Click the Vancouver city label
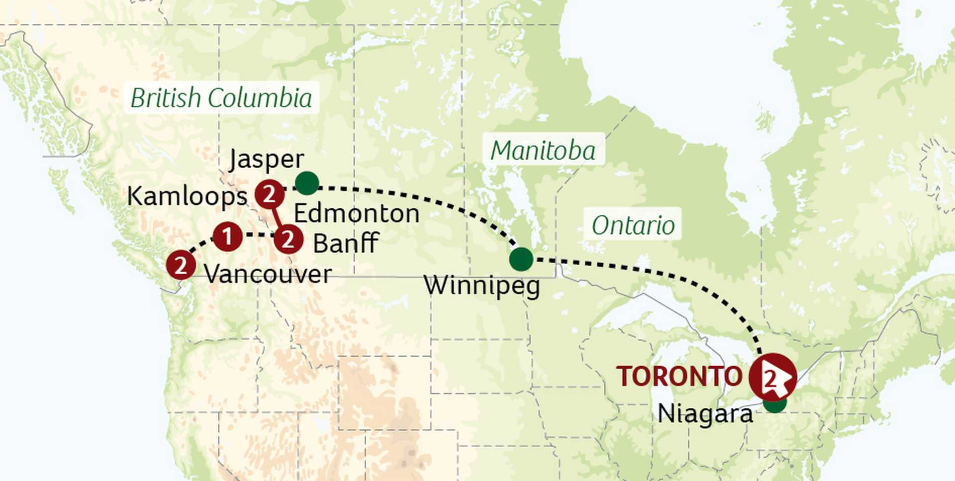click(268, 274)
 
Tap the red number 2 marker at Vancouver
click(181, 265)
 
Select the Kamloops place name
click(187, 196)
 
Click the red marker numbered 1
click(227, 237)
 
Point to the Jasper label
click(266, 159)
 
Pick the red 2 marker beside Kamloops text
click(270, 194)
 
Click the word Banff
click(346, 243)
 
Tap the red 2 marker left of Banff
click(288, 240)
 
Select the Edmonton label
click(356, 213)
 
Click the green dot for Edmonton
click(307, 183)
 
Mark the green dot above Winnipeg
click(521, 259)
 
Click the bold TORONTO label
click(679, 377)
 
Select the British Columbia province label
click(221, 97)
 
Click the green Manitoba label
click(543, 150)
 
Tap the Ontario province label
click(633, 225)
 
